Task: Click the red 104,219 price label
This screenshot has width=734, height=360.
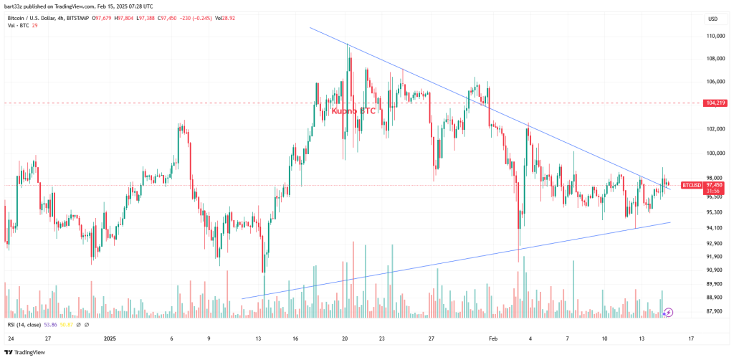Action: pos(715,103)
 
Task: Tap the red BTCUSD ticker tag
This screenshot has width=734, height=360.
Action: pos(692,185)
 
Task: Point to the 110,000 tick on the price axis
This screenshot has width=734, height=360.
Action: pos(714,36)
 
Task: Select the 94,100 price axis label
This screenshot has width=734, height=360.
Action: pos(714,228)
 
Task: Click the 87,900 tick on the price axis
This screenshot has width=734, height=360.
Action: pos(714,311)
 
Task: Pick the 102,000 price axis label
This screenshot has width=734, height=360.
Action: pos(714,130)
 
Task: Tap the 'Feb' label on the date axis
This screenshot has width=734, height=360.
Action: pos(492,337)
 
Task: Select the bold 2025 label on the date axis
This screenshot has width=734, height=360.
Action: pos(110,337)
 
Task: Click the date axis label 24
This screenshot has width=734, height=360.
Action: pos(11,337)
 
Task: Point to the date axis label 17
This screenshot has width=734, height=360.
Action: pos(690,337)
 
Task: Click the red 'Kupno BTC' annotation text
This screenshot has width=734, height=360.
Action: pos(353,112)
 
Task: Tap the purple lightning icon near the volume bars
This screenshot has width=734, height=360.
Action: pos(669,312)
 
